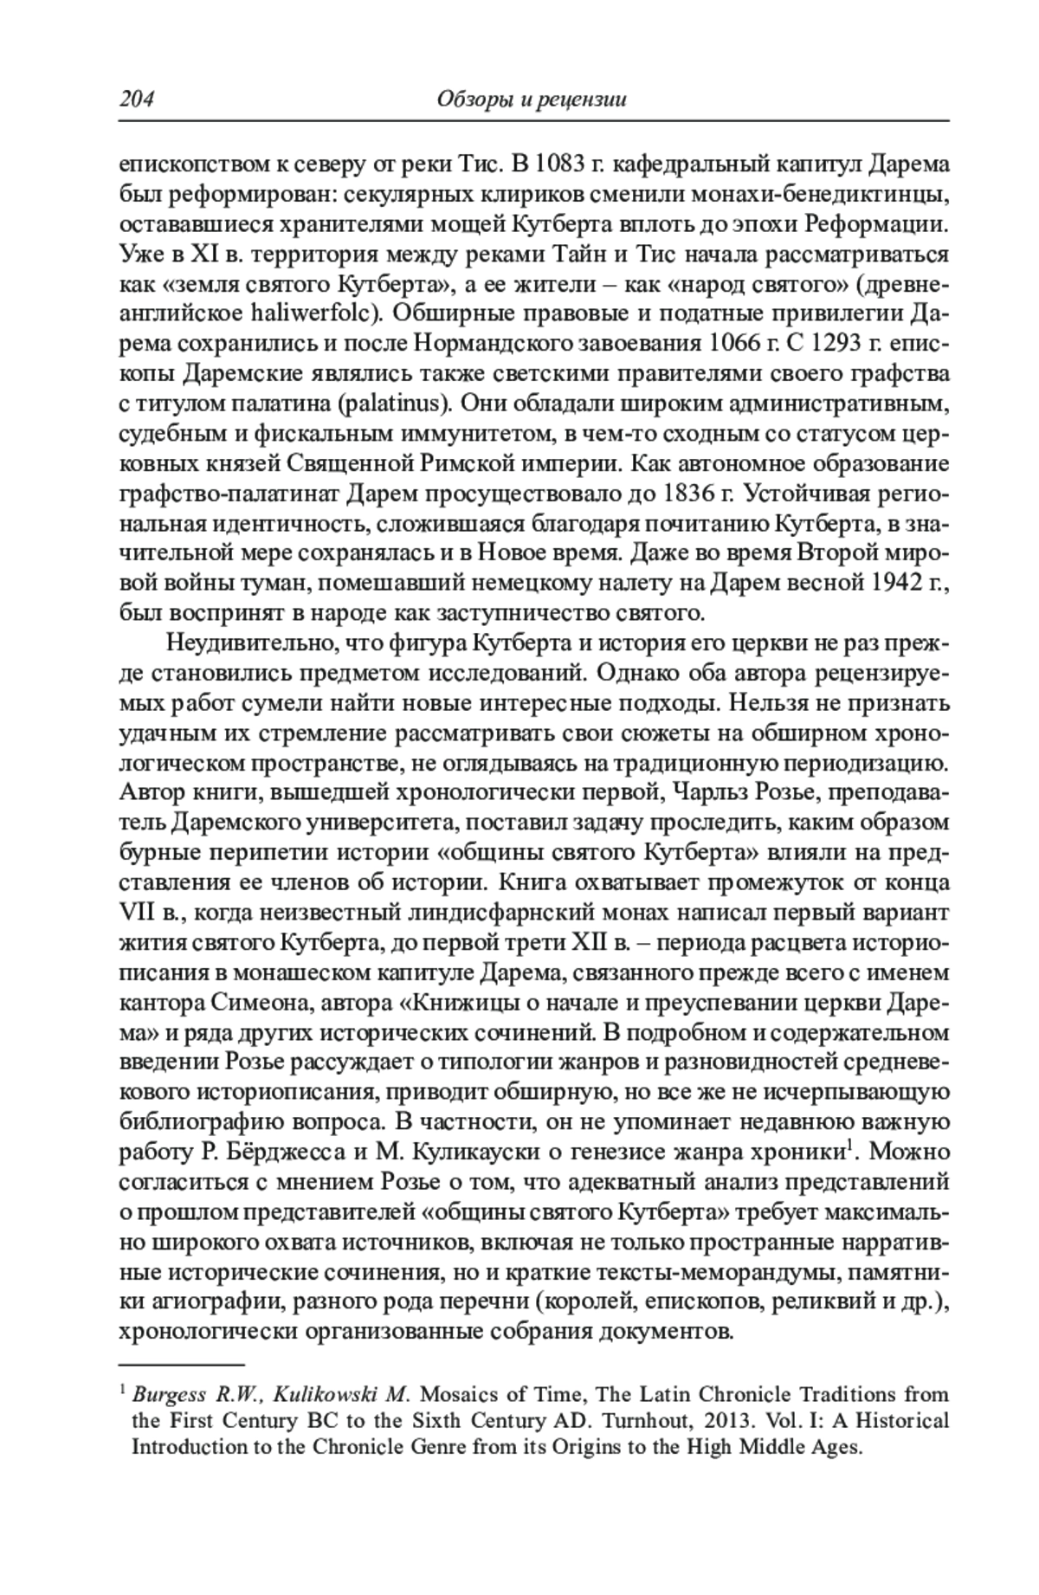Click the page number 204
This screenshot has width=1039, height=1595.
pos(136,100)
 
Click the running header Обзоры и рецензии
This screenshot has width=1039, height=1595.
pos(532,100)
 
